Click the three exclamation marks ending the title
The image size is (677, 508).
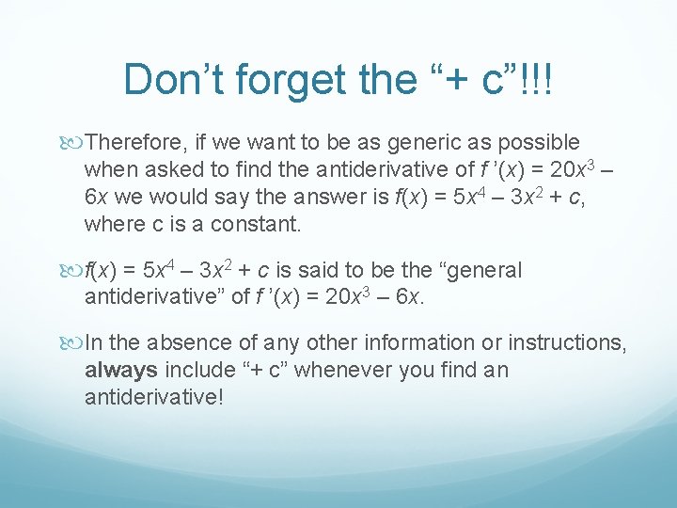[x=540, y=80]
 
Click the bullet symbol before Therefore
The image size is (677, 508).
[x=74, y=142]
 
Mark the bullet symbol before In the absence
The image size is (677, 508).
[x=74, y=343]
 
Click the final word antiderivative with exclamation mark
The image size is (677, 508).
[x=154, y=398]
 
